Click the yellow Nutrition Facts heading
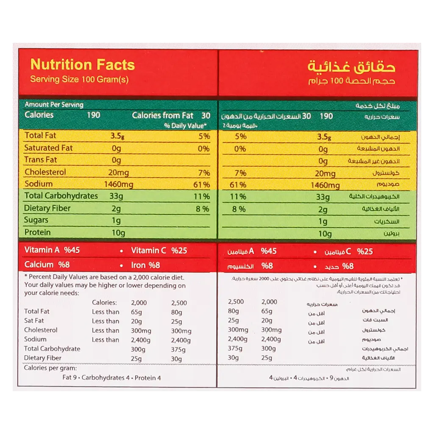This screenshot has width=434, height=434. click(x=83, y=64)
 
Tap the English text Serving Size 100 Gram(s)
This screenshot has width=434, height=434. click(x=79, y=79)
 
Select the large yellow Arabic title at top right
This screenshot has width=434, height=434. click(x=351, y=67)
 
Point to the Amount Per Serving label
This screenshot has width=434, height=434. click(x=54, y=105)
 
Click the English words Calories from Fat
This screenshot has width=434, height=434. click(x=162, y=115)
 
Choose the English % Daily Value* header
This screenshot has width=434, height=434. click(x=185, y=125)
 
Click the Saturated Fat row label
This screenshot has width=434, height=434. click(x=48, y=148)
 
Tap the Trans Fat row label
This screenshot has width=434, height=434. click(x=40, y=160)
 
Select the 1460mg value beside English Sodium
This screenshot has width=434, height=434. click(x=119, y=184)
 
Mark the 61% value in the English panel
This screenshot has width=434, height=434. click(x=201, y=185)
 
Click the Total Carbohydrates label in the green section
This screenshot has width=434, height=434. click(x=61, y=196)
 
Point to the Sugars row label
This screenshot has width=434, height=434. click(x=36, y=220)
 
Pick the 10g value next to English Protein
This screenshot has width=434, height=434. click(x=118, y=233)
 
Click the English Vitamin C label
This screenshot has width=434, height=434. click(x=148, y=250)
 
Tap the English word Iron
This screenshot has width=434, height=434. click(x=138, y=265)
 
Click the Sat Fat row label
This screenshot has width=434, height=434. click(x=34, y=320)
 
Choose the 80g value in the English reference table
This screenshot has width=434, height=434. click(x=176, y=312)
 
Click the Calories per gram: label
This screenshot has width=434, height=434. click(x=50, y=368)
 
